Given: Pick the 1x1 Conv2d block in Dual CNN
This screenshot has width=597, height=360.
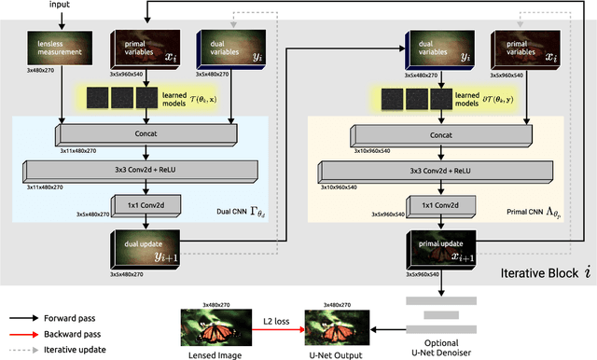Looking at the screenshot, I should (x=141, y=203).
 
